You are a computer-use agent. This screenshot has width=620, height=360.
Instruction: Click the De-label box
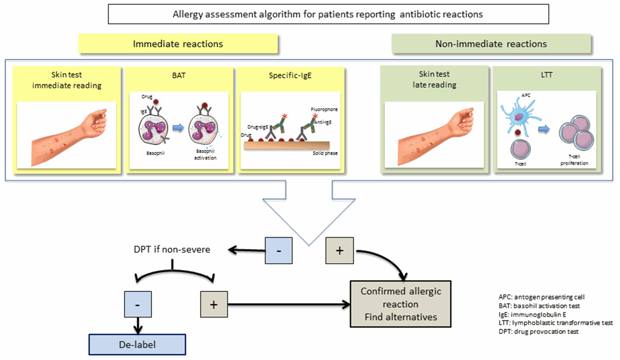coord(137,344)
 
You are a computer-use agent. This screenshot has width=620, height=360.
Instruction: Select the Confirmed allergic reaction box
coord(400,304)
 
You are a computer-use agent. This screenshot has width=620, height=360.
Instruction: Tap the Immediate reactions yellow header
coord(178,44)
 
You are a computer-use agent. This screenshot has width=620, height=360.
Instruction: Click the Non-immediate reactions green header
coord(491,44)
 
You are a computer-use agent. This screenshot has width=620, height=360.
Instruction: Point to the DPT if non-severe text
coord(172,249)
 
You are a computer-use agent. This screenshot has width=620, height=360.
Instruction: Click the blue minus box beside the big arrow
coord(279,250)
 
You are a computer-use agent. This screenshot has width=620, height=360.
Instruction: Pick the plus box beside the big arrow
coord(339,250)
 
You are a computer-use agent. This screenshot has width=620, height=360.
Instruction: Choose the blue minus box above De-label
coord(138,304)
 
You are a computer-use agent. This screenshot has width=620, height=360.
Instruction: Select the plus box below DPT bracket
coord(214,304)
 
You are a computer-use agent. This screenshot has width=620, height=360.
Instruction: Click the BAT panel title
coord(179,75)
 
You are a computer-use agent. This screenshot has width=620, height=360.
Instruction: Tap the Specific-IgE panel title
coord(290,76)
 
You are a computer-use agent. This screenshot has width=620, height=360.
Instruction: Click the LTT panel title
coord(547,75)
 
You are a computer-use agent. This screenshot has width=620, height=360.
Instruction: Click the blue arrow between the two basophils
coord(178,128)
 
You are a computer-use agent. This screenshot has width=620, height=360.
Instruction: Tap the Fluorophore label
coord(324,109)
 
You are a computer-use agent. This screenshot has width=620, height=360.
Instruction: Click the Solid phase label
coord(325,153)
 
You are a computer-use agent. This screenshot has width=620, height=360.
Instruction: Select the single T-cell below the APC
coord(521,149)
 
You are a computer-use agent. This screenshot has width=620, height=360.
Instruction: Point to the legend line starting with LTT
coord(555,323)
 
